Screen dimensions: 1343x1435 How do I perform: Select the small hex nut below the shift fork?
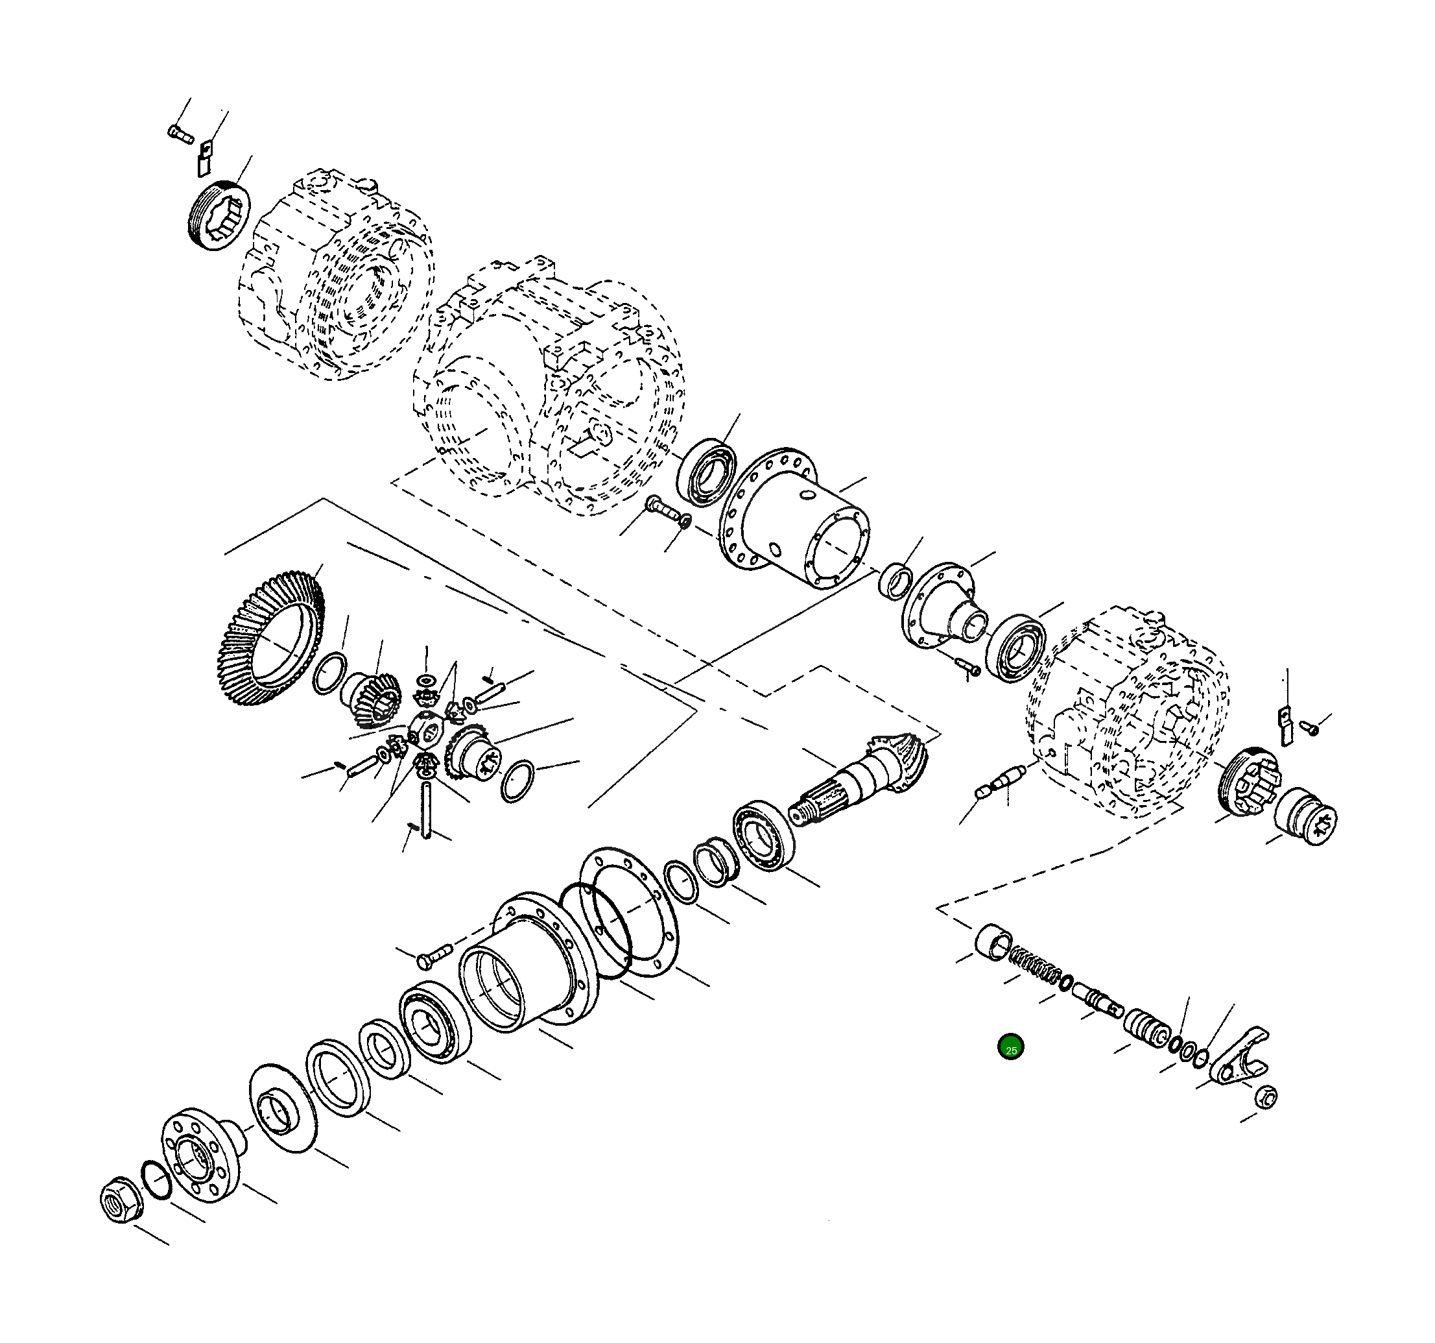tap(1266, 1096)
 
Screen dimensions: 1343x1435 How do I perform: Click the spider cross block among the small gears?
tap(429, 731)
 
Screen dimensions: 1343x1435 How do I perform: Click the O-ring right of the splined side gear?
tap(517, 781)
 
